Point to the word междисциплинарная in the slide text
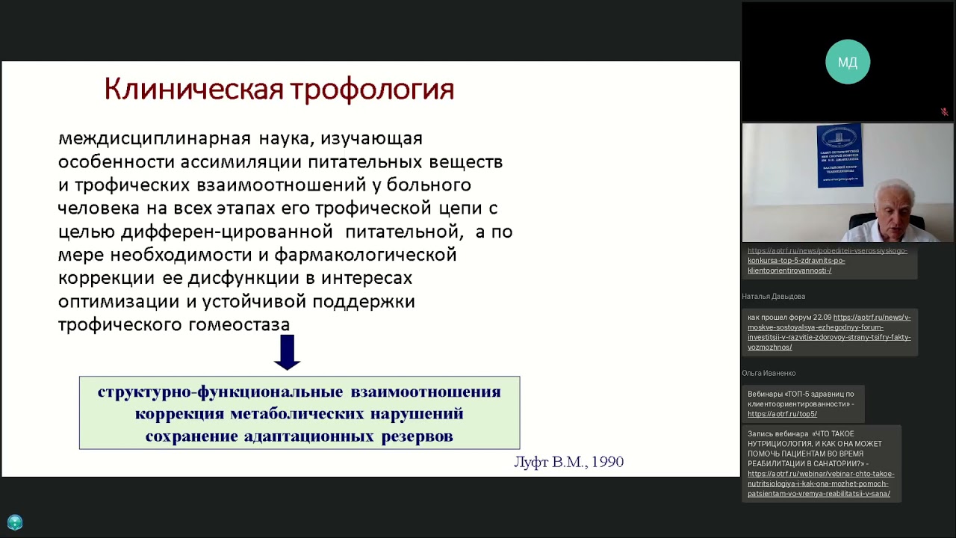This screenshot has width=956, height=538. coord(155,139)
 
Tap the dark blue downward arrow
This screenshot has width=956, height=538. coord(287,352)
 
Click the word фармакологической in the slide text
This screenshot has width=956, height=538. coord(365,255)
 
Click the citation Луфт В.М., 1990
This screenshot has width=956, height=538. coord(568,463)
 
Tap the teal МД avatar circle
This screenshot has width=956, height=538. coord(848,62)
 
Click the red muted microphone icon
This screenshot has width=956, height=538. coord(944,112)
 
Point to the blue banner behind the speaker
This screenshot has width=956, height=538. coord(839,155)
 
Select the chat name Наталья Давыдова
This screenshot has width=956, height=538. coord(773,297)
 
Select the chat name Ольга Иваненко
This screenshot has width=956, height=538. coord(769,373)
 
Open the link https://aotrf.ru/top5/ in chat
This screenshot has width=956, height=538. coord(782,414)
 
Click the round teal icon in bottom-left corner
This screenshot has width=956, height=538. coord(15,523)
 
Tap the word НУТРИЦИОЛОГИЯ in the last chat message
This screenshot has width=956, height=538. coord(777,444)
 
